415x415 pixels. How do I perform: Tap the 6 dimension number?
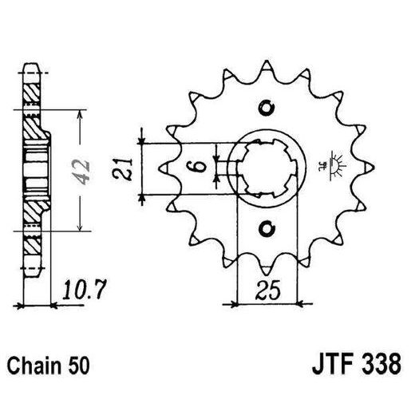click(x=202, y=168)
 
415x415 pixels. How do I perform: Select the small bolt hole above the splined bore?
click(x=267, y=109)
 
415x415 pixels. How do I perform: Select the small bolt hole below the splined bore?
click(x=267, y=229)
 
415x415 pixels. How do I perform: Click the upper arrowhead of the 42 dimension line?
click(x=79, y=114)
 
